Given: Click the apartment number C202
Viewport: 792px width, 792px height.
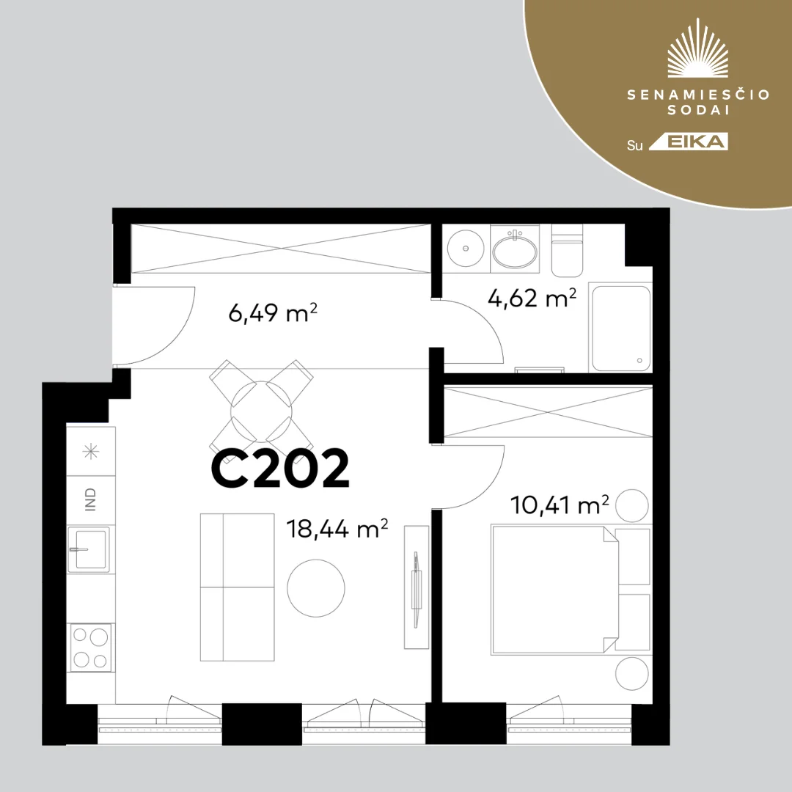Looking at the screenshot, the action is click(280, 469).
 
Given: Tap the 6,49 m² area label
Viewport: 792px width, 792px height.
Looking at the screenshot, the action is click(273, 313).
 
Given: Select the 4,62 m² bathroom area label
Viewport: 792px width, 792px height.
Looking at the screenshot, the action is click(532, 298).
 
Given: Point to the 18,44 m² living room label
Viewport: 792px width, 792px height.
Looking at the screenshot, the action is click(337, 528).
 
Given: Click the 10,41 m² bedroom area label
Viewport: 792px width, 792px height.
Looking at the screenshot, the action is click(560, 504).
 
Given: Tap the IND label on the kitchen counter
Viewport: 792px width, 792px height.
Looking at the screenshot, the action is click(90, 499).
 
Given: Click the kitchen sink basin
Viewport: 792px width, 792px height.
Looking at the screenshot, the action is click(89, 549).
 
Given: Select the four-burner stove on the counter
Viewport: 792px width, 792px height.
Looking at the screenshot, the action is click(92, 647).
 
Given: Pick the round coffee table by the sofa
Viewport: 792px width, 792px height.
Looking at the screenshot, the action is click(316, 587).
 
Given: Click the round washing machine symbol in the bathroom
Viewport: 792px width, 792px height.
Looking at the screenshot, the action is click(466, 248).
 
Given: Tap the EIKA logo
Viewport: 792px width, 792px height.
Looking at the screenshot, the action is click(688, 142).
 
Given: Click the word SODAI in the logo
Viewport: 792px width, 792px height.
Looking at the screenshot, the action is click(699, 111).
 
